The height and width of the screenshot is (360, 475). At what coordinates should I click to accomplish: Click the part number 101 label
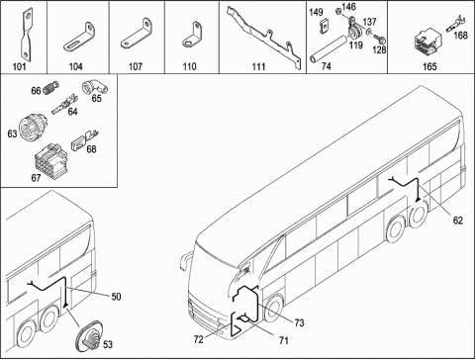coord(19,66)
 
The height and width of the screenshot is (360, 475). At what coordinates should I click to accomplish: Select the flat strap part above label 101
coord(27,36)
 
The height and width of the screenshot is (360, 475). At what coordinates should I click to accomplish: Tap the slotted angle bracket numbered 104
coord(79,38)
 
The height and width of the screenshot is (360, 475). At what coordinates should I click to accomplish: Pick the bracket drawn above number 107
coord(137,35)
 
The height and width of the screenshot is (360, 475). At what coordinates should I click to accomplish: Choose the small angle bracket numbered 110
coord(192,35)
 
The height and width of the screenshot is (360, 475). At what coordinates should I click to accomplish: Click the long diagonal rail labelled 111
coord(264,38)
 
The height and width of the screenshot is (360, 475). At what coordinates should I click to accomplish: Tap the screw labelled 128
coord(379,40)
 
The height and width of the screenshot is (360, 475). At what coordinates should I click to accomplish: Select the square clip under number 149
coord(324,27)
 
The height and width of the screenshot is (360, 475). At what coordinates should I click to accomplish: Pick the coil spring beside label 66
coord(50,87)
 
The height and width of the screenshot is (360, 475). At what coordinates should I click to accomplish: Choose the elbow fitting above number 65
coord(94,87)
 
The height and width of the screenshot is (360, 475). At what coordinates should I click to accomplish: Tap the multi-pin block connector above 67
coord(50,160)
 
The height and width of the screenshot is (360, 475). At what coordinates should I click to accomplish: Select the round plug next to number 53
coord(89,337)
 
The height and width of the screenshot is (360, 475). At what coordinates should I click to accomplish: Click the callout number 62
coord(458,221)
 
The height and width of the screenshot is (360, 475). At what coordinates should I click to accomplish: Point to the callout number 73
coord(299,322)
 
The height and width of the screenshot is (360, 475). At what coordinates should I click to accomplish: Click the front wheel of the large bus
coord(273,309)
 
